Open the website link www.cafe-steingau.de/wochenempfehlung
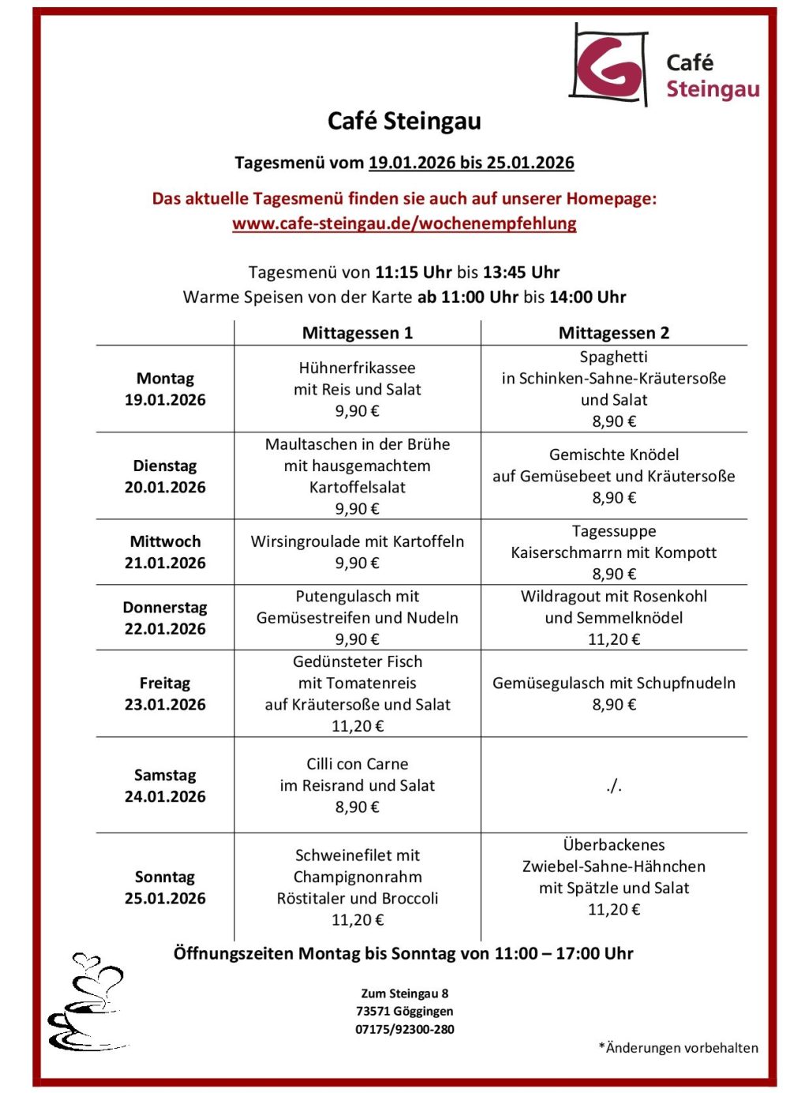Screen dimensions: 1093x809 404,223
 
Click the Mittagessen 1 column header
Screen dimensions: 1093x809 357,333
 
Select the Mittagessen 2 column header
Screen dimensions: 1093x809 613,333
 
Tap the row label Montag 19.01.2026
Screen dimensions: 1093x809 165,389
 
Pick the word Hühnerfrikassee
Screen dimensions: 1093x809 357,368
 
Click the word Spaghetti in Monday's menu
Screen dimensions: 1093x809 613,357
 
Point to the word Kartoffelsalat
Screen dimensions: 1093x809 357,487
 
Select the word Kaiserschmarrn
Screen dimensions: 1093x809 560,552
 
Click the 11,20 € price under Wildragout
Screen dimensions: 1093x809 613,639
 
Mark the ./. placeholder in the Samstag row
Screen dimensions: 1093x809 614,785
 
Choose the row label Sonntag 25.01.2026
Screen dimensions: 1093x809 165,888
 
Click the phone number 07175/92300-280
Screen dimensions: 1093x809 404,1029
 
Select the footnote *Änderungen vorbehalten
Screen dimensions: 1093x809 678,1048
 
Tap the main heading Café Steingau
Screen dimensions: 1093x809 404,122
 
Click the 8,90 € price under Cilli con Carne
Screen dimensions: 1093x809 357,807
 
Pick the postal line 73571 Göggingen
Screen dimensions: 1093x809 404,1011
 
